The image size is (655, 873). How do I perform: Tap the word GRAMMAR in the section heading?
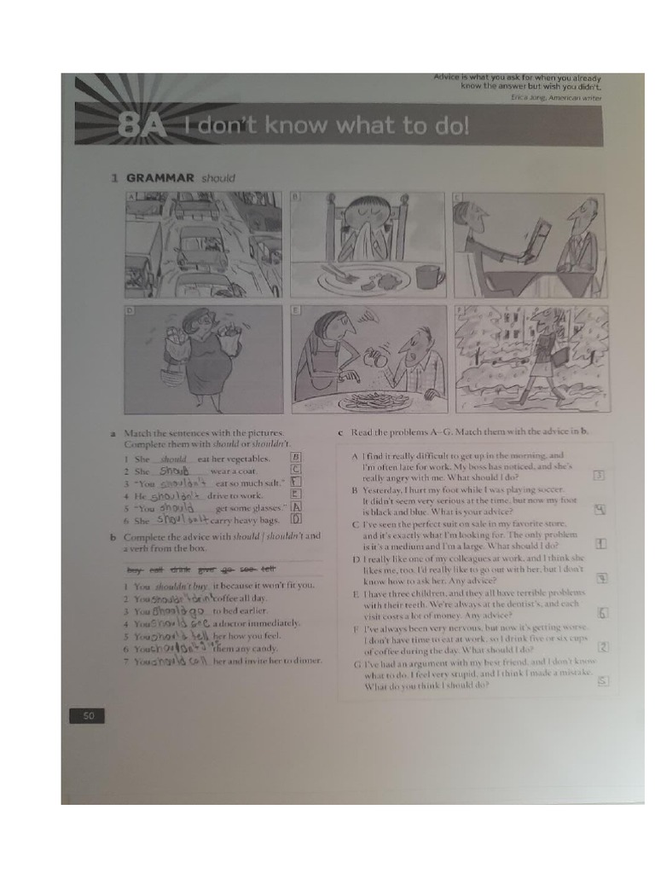coord(160,178)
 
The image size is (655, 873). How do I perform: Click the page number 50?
coord(88,715)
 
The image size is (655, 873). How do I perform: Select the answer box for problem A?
coord(600,476)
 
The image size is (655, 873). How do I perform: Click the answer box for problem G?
coord(602,680)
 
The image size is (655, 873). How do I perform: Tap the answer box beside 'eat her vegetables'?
coord(297,457)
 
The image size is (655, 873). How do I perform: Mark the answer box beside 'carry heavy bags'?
coord(297,517)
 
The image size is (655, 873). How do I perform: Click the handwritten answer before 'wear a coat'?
coord(177,470)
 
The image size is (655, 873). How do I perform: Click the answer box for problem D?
coord(601,578)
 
